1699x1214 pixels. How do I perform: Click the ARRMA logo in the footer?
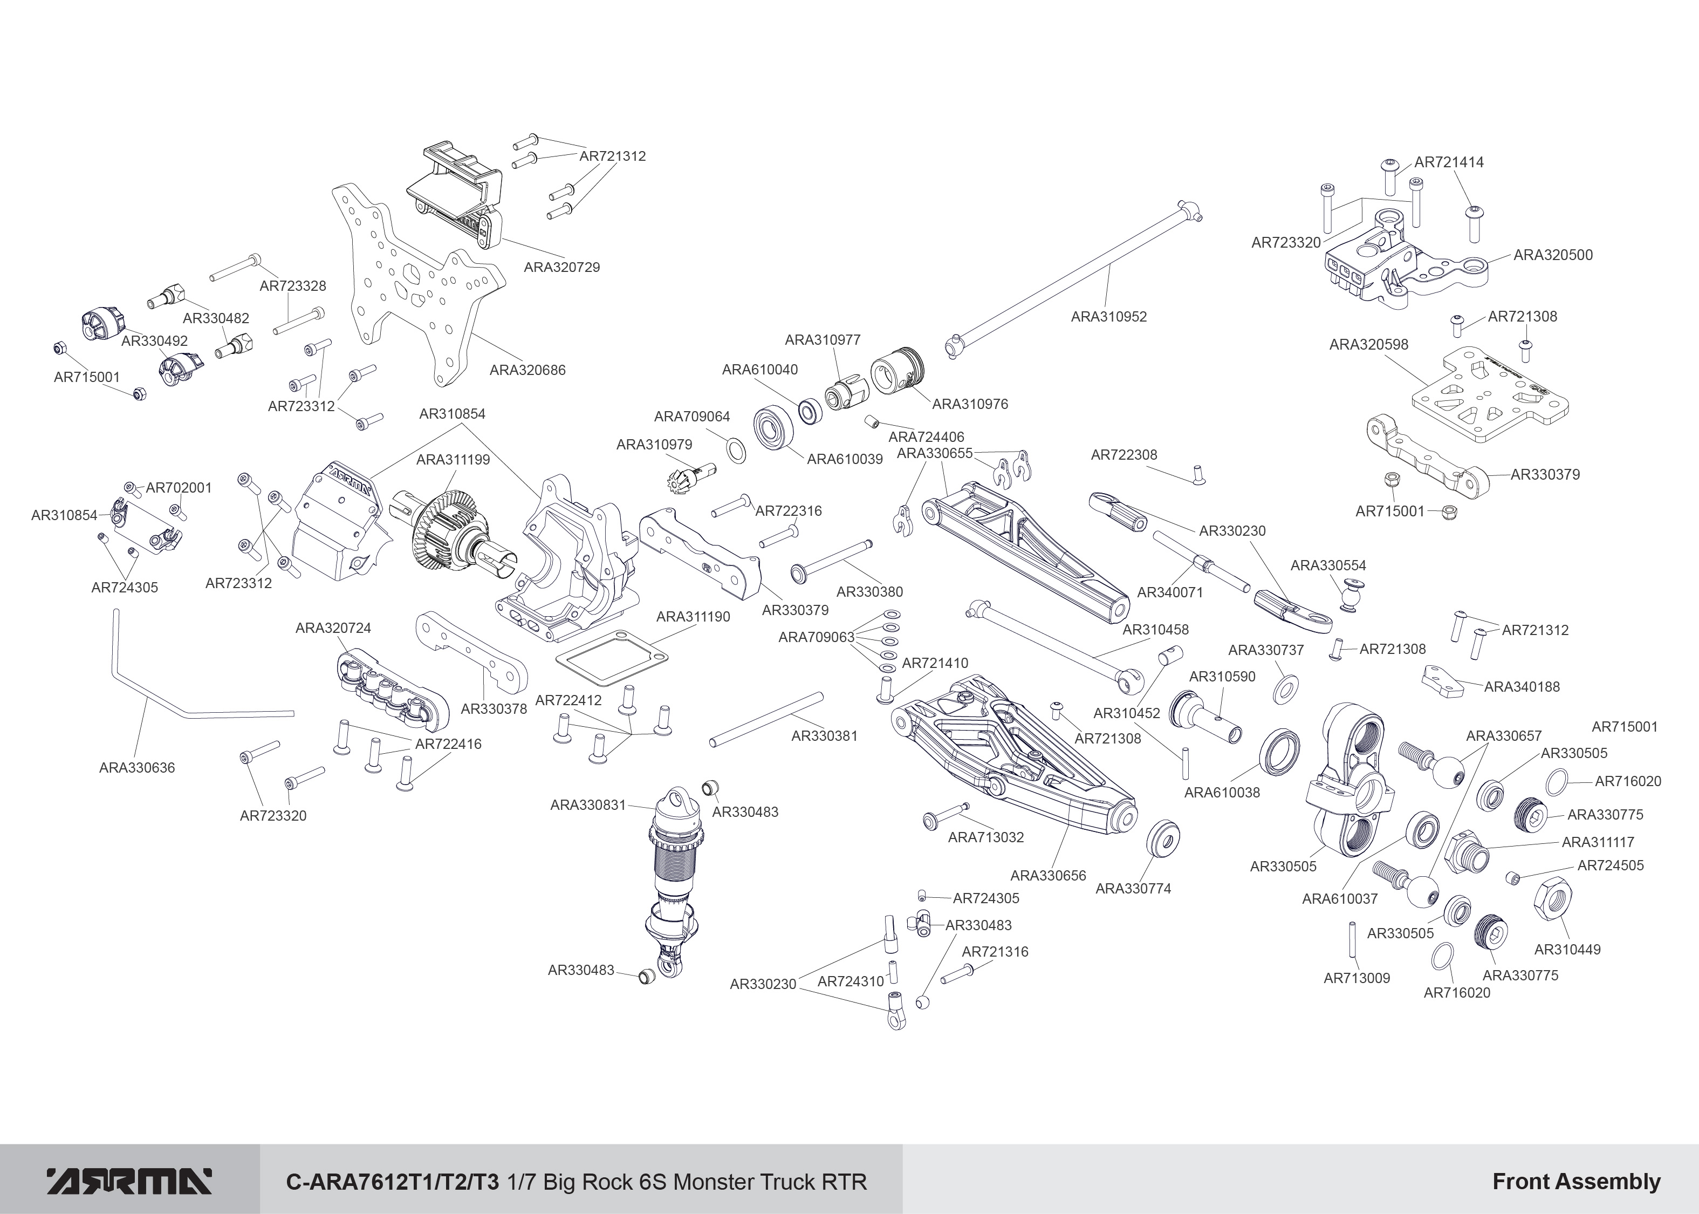point(129,1181)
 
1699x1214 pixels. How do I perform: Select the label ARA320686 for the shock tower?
point(527,370)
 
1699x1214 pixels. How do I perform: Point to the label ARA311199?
point(453,460)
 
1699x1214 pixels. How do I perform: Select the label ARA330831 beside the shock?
point(588,805)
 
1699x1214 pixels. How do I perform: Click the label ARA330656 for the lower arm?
point(1047,875)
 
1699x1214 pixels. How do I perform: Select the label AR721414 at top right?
point(1449,162)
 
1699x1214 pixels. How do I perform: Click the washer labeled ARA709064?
point(736,452)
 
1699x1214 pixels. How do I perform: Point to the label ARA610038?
point(1222,793)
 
